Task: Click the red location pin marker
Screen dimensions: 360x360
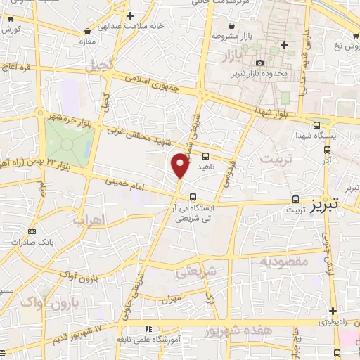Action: [181, 165]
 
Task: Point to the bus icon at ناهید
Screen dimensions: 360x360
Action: [205, 157]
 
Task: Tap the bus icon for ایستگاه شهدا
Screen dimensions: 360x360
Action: [316, 121]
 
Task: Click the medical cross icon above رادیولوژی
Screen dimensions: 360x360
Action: [333, 311]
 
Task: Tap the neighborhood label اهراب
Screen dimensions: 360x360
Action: [89, 219]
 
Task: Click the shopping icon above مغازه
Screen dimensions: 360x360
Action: [87, 31]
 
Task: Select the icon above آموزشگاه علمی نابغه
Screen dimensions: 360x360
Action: [148, 328]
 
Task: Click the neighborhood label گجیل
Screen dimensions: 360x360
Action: [100, 67]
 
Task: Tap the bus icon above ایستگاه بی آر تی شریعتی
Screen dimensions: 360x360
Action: [193, 198]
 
